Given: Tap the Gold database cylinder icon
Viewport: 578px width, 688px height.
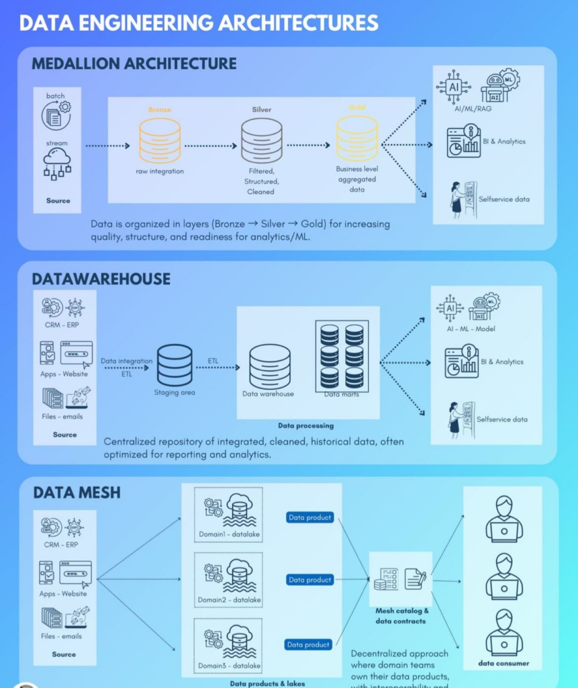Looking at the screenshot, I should pyautogui.click(x=356, y=138).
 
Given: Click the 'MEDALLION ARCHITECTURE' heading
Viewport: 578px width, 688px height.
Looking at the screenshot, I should pyautogui.click(x=134, y=64).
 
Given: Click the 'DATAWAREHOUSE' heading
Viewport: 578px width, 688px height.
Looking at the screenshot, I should pyautogui.click(x=101, y=279).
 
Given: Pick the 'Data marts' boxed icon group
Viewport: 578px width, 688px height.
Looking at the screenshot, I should pyautogui.click(x=342, y=355).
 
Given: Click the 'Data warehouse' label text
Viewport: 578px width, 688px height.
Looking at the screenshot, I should pyautogui.click(x=268, y=394).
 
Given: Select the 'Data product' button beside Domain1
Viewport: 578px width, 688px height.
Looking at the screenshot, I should pyautogui.click(x=309, y=518).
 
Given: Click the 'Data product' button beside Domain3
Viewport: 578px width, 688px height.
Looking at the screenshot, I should pyautogui.click(x=308, y=644).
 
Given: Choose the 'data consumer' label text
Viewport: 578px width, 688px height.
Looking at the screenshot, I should pyautogui.click(x=503, y=663).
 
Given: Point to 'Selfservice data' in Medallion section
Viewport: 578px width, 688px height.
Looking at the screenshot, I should pyautogui.click(x=503, y=200).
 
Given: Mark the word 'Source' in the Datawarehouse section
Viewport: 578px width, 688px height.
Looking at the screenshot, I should pyautogui.click(x=64, y=435).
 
